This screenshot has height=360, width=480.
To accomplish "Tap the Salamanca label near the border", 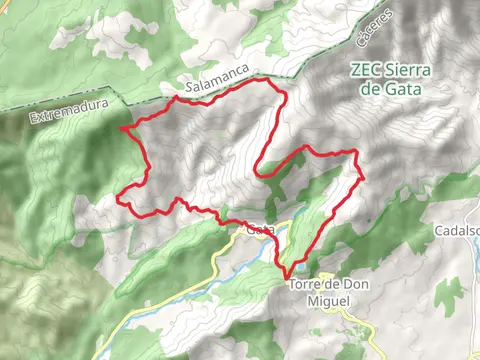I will pos(211,87).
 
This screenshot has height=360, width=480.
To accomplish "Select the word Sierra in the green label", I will pos(409,70).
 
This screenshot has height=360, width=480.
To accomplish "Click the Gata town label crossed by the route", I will pos(260,230).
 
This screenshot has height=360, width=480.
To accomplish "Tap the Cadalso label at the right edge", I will pos(457,230).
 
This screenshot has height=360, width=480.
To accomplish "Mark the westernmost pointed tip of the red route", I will pos(121,128).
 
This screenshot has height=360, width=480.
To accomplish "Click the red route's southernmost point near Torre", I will pos(286,275).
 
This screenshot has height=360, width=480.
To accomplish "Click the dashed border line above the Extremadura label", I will pos(60,100).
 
